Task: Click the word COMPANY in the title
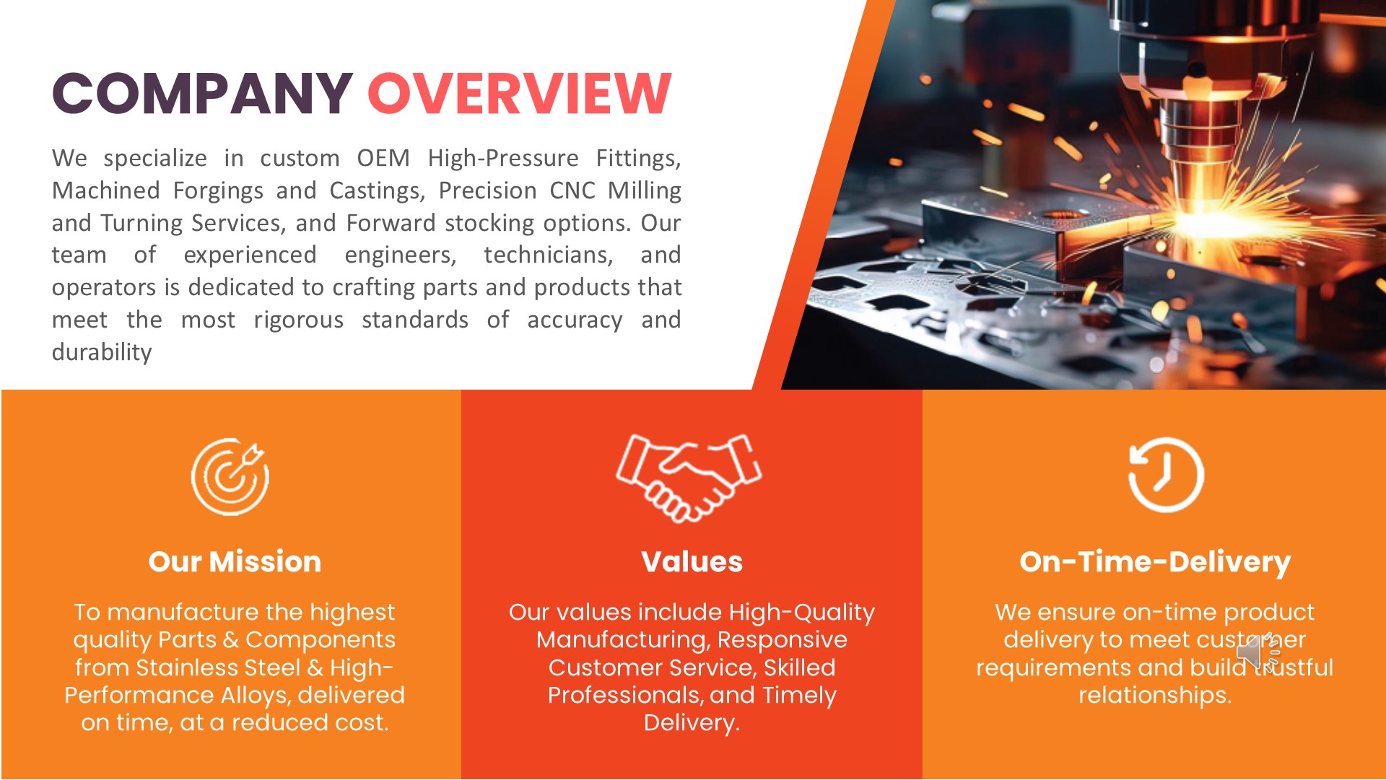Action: (202, 94)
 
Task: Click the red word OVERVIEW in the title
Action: (520, 94)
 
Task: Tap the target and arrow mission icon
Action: (230, 476)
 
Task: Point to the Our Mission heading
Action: (235, 561)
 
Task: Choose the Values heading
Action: (692, 561)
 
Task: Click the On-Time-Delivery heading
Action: (1155, 562)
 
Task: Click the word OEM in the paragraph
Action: (383, 158)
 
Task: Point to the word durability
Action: (102, 352)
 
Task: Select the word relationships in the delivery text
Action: (1155, 696)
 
